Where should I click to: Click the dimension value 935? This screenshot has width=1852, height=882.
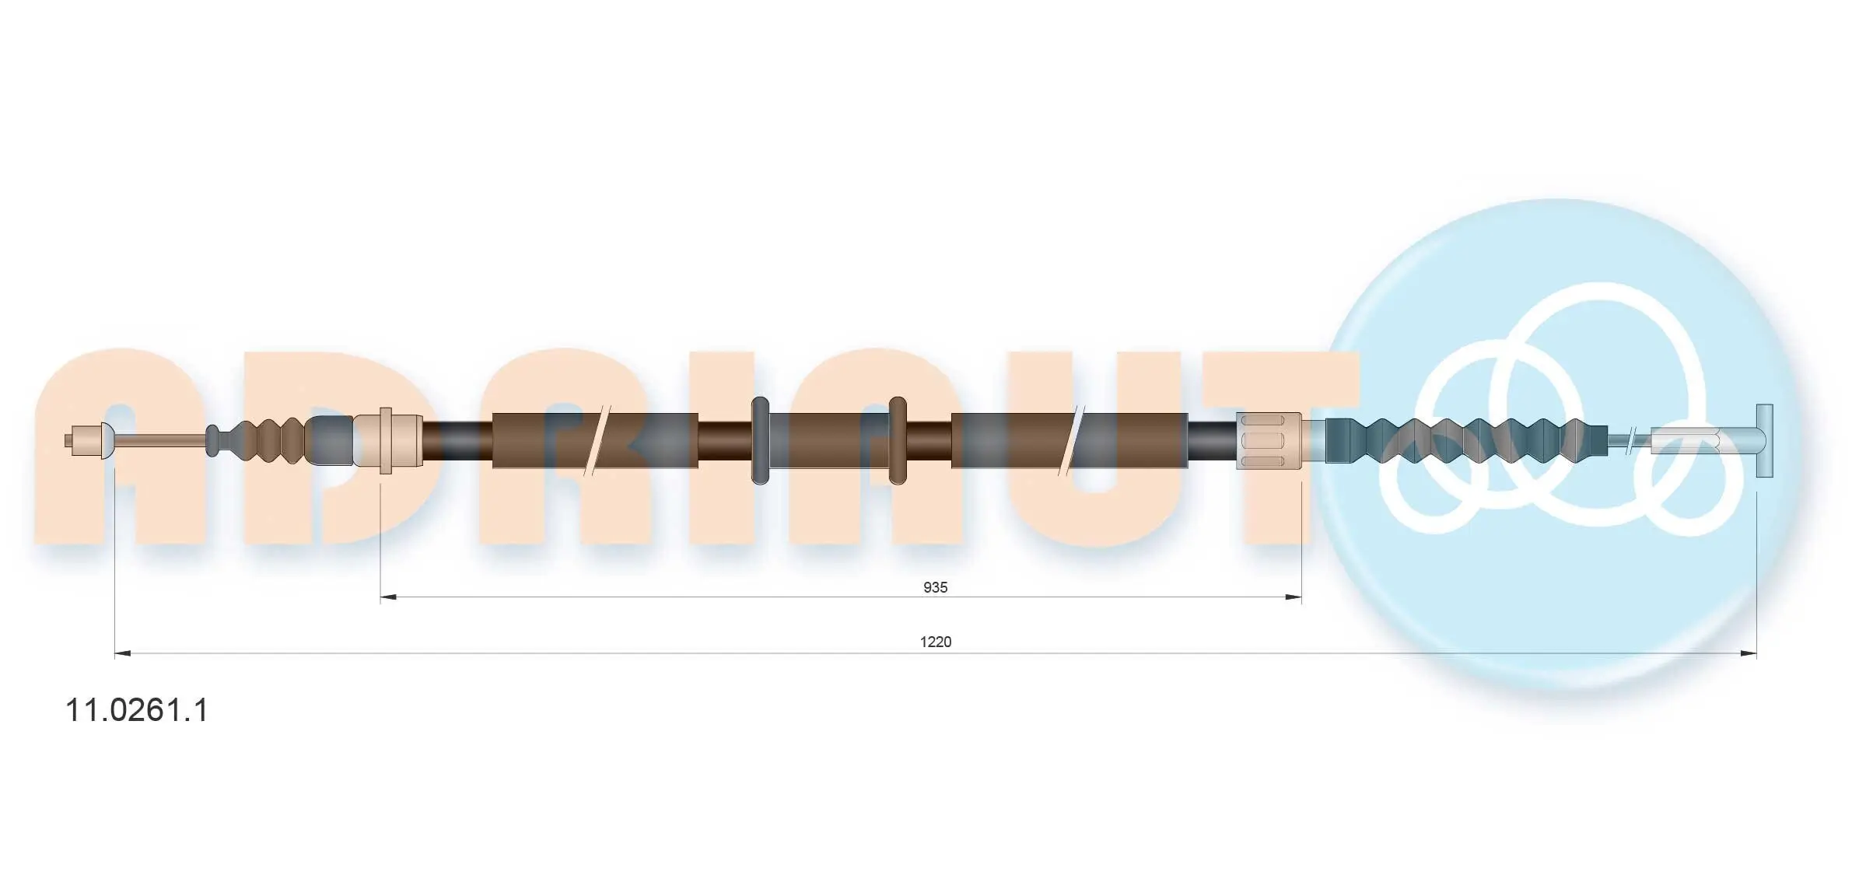pos(935,587)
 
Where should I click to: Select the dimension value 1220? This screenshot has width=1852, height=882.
pos(936,642)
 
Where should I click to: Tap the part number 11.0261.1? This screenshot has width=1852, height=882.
pos(137,710)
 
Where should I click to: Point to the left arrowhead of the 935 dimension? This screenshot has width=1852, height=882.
pos(388,597)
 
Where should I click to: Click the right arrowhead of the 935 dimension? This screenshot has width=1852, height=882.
pos(1294,597)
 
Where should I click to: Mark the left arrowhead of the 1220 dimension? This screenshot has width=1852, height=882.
pos(123,653)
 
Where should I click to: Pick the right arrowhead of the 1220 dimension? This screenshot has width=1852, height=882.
pos(1749,653)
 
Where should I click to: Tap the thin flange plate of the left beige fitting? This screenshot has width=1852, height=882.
pos(385,441)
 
